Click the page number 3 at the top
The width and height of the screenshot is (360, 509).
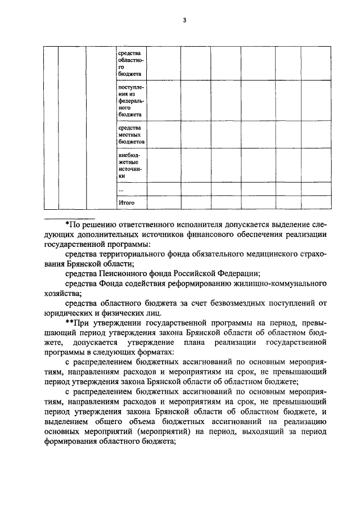184,21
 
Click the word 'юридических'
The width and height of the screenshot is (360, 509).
65,313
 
